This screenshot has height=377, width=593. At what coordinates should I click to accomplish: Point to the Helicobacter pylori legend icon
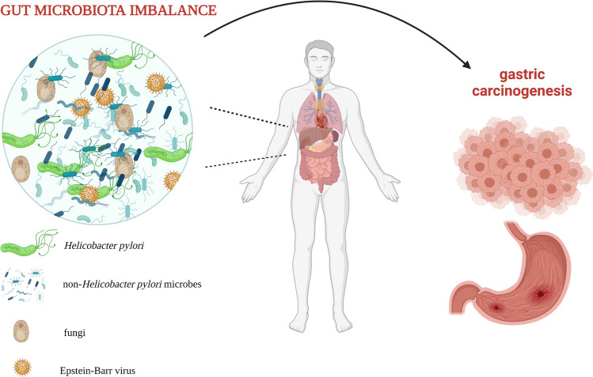tap(29, 247)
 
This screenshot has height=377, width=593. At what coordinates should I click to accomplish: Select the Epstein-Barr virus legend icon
tap(25, 367)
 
